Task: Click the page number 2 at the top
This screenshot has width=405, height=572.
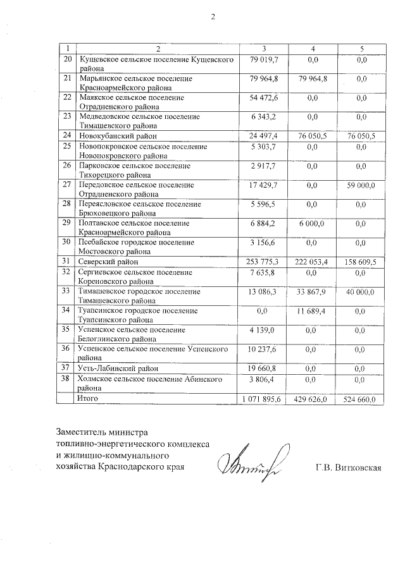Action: (213, 17)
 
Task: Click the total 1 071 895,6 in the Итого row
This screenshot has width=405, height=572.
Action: (265, 399)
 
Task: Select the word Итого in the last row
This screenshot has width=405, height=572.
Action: (87, 399)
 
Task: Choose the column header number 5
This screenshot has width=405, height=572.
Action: (361, 49)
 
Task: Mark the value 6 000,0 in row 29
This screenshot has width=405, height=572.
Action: (313, 222)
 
